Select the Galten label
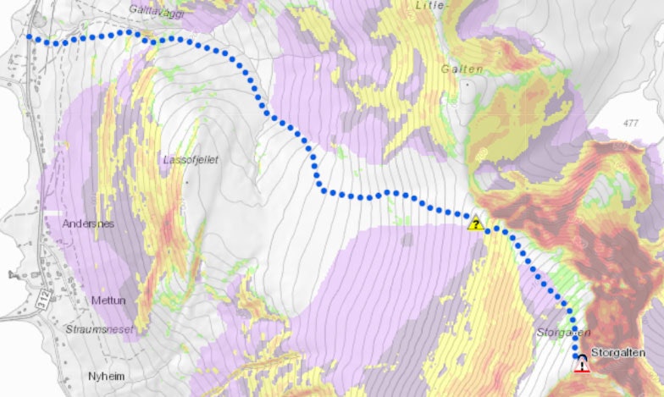point(462,69)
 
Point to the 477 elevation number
point(629,124)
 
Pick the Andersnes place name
point(88,224)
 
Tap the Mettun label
point(107,301)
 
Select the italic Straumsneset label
point(99,328)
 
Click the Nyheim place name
point(108,373)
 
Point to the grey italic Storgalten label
point(562,333)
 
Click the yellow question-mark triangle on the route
point(476,224)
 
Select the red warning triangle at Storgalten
point(582,366)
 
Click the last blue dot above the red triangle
point(579,354)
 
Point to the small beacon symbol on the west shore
point(12,274)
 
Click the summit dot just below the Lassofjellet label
point(186,181)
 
